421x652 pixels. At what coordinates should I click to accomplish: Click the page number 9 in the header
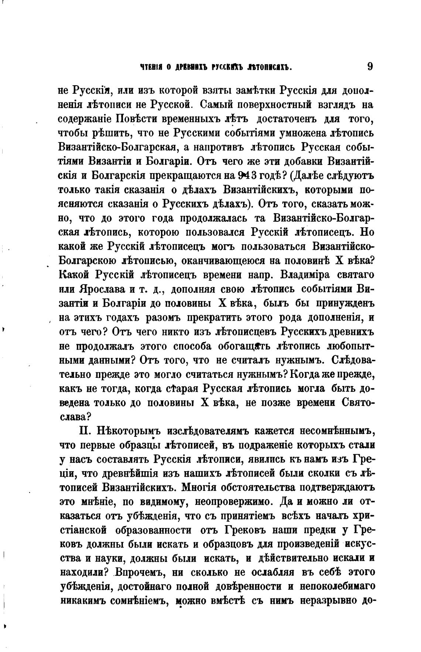[x=370, y=67]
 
